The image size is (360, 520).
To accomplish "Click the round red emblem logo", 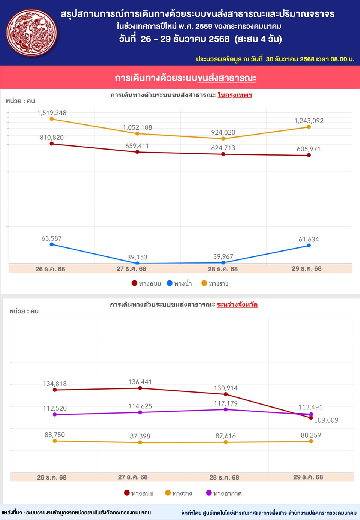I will click(x=32, y=33).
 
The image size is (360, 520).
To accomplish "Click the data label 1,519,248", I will click(x=52, y=113).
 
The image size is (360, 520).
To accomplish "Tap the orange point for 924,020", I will click(x=223, y=139).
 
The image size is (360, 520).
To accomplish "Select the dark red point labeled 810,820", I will click(x=52, y=144).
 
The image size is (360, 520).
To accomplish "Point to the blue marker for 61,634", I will click(x=309, y=246).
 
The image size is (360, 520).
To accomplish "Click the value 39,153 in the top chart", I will click(x=137, y=257).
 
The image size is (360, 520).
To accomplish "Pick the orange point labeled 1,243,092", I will click(x=309, y=127).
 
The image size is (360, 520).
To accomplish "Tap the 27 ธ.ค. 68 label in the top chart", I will click(x=131, y=269).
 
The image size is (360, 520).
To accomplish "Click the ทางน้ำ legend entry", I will click(x=180, y=284).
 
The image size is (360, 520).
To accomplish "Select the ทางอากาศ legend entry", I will click(x=224, y=493).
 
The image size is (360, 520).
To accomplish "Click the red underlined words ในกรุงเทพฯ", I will click(x=235, y=95).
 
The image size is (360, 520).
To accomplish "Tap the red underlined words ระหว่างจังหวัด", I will click(x=237, y=305).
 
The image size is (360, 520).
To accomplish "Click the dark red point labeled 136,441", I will click(x=140, y=388).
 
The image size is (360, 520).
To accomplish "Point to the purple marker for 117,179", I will click(x=226, y=409).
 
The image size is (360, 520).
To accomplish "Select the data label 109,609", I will click(x=326, y=420).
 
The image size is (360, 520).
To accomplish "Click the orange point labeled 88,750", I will click(x=55, y=441).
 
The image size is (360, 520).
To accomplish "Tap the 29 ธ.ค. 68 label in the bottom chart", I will click(x=308, y=477).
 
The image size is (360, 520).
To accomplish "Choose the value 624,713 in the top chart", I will click(x=223, y=148).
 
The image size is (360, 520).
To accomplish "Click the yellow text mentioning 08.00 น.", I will click(x=275, y=59).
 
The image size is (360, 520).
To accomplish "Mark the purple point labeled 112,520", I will click(x=55, y=414).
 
